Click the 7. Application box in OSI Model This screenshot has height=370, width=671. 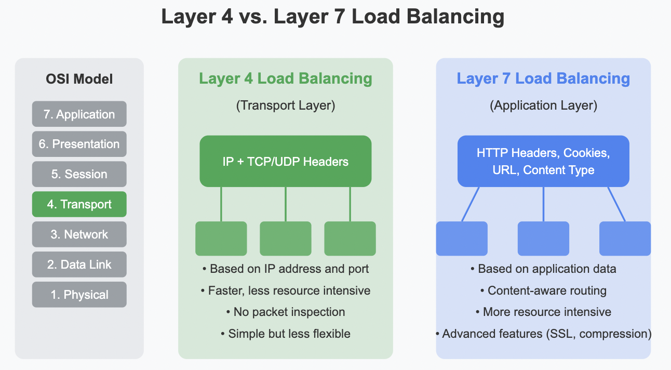(x=79, y=114)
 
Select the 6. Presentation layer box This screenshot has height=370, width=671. (x=79, y=144)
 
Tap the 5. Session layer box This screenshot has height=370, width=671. (x=79, y=174)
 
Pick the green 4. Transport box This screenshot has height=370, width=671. (x=79, y=204)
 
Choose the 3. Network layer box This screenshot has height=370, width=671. (x=79, y=234)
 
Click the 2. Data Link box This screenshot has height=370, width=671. (x=79, y=265)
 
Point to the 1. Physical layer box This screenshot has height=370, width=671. (x=79, y=295)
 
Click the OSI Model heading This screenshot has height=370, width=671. (x=79, y=80)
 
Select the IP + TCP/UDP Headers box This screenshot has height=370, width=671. (x=285, y=161)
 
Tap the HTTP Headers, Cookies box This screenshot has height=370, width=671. (x=543, y=161)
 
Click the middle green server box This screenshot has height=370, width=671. (x=285, y=239)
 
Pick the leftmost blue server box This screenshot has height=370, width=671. (x=462, y=239)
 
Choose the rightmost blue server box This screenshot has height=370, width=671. (x=625, y=239)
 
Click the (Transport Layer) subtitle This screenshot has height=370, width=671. (x=285, y=105)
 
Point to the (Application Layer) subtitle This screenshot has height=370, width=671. (x=543, y=105)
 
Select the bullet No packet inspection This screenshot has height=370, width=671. (x=285, y=312)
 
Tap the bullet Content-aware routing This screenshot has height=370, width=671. (x=543, y=290)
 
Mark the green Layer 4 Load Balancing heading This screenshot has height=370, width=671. (x=285, y=79)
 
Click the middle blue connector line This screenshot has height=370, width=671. (x=543, y=204)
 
